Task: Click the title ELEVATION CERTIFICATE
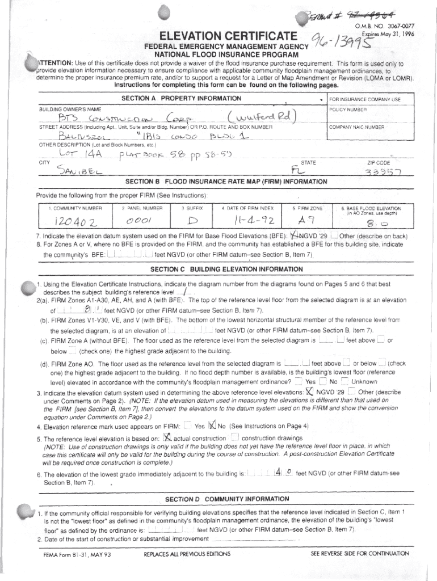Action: pos(229,36)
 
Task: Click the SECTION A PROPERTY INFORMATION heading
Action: pos(181,99)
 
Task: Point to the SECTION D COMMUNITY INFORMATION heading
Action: pos(226,499)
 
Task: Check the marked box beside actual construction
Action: pos(167,437)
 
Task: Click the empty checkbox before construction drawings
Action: pos(234,437)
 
